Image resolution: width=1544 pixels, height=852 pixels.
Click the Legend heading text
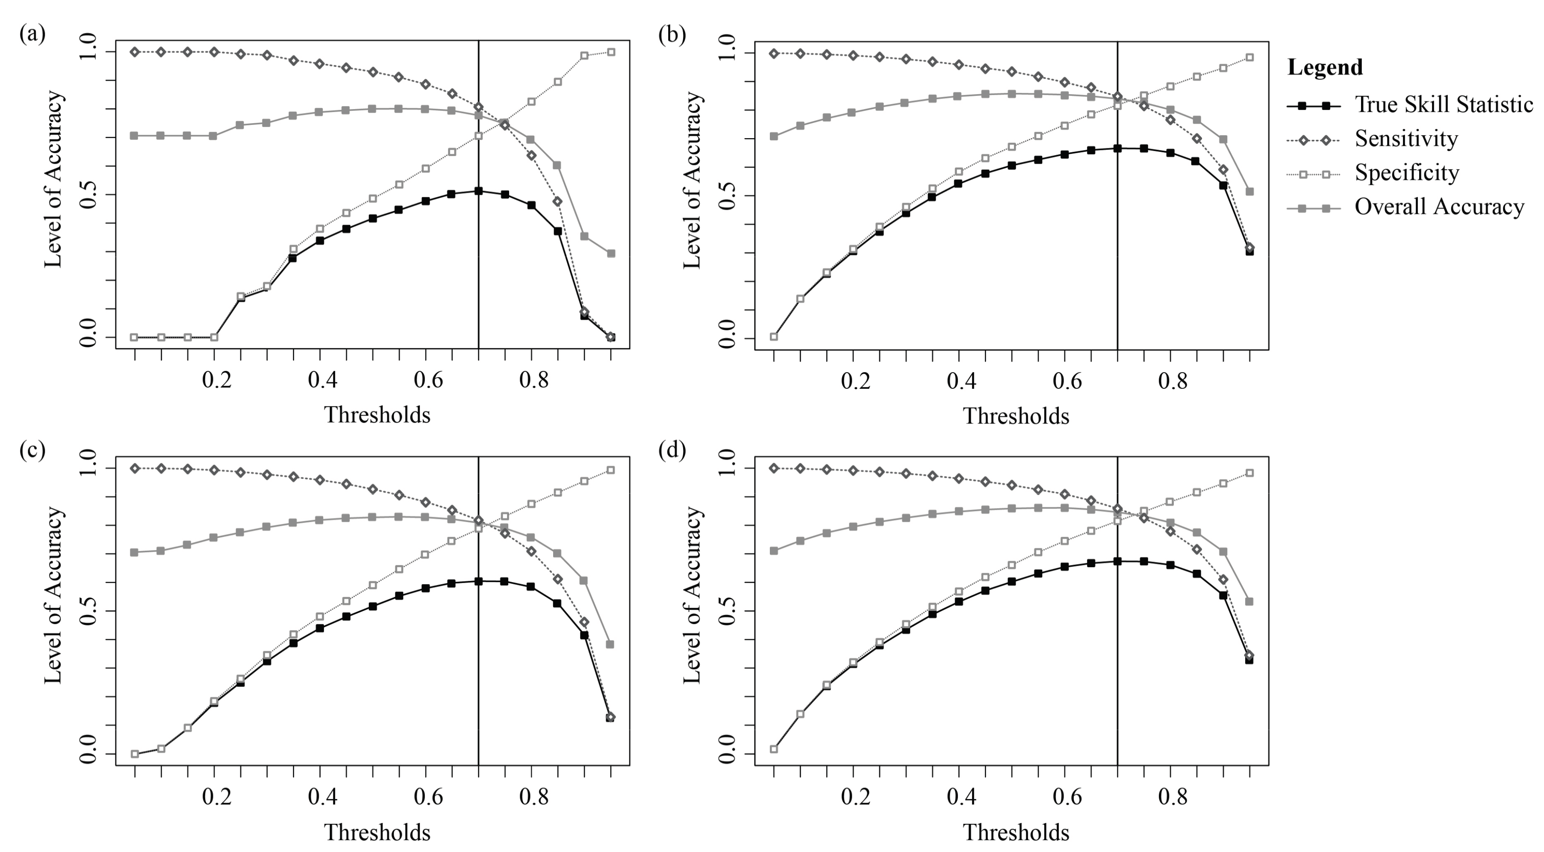1325,67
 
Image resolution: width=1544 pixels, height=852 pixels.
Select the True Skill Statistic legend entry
1443,105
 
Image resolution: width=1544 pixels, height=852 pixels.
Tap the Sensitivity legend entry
1406,139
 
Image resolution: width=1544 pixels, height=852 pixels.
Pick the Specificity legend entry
1406,173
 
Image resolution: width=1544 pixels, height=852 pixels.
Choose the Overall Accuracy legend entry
1438,207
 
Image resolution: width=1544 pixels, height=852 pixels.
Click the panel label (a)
32,34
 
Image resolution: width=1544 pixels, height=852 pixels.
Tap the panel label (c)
32,450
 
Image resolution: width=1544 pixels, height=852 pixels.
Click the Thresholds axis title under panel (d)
1016,832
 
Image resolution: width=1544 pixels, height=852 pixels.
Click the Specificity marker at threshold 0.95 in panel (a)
611,52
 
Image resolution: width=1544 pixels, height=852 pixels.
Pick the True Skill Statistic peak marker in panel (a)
478,191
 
